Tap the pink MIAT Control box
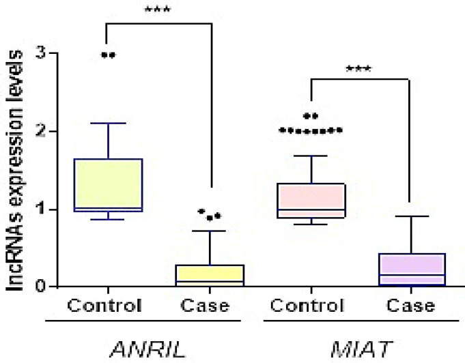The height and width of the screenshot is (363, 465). coord(311,200)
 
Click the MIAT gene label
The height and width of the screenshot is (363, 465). coord(361,349)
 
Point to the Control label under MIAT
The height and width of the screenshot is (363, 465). coord(311,305)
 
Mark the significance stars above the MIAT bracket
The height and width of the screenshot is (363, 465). coord(360,69)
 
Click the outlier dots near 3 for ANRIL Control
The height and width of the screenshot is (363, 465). coord(108,55)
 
